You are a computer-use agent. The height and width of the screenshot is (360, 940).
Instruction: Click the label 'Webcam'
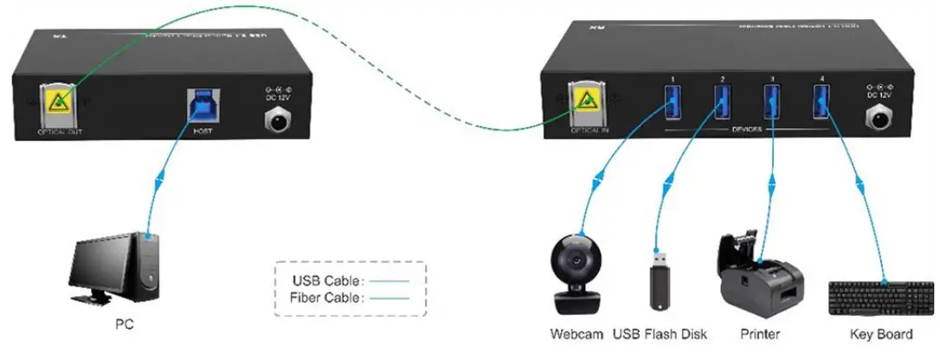point(575,334)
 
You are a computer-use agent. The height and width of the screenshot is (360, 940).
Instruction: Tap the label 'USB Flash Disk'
point(660,334)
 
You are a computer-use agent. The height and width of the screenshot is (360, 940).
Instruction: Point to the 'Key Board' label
point(881,334)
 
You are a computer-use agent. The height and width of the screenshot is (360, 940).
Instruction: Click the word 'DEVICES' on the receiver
point(746,130)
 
